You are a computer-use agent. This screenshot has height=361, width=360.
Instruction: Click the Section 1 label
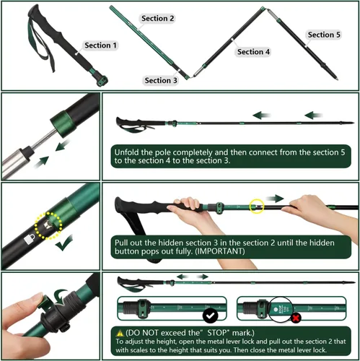click(x=100, y=45)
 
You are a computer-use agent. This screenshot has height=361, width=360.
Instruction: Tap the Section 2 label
click(x=157, y=18)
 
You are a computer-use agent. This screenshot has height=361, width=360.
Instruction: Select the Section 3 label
click(x=161, y=80)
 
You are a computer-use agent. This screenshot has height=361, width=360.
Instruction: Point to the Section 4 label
click(x=253, y=51)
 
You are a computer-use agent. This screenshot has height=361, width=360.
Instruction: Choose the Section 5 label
click(x=324, y=35)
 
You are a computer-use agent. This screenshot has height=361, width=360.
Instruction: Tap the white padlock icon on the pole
click(x=30, y=239)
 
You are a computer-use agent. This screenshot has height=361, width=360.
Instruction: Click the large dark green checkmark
click(x=64, y=244)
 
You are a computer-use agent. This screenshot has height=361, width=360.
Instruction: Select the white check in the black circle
click(x=210, y=316)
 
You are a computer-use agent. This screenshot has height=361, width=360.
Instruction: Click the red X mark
click(x=296, y=318)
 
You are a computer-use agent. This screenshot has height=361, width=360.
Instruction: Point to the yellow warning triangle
click(x=120, y=334)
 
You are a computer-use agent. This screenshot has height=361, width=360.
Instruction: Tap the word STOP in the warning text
click(x=217, y=333)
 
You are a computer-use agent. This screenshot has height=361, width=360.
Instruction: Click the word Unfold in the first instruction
click(x=126, y=152)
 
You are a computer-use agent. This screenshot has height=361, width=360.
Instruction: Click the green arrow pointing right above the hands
click(x=275, y=199)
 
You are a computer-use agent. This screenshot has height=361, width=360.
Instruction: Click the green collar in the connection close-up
click(x=63, y=123)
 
